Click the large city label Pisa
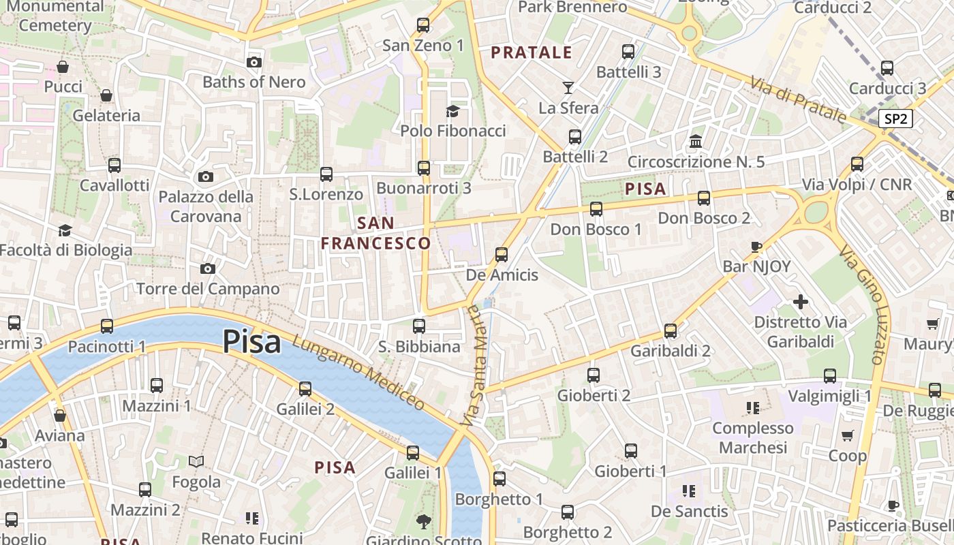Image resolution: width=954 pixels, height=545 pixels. (x=251, y=341)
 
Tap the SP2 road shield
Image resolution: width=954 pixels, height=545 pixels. (x=895, y=119)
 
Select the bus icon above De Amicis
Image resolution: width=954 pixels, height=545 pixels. (x=502, y=255)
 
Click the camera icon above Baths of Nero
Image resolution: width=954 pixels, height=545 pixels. (x=254, y=62)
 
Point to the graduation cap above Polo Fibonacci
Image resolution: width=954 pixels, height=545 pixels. (x=452, y=111)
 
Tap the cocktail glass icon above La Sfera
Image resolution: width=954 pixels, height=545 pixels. (x=568, y=87)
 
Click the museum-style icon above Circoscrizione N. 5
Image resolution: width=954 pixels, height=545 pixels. (x=696, y=142)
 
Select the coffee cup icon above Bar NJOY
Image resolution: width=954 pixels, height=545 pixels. (x=756, y=247)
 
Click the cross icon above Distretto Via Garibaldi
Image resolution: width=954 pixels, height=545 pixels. (x=801, y=301)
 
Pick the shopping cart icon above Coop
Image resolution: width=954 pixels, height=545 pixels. (x=848, y=435)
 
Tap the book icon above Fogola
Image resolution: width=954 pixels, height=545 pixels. (x=196, y=462)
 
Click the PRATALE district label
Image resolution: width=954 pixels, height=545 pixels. (x=532, y=52)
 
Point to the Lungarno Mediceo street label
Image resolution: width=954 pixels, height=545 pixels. (x=358, y=373)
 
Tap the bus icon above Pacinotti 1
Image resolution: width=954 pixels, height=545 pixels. (x=107, y=326)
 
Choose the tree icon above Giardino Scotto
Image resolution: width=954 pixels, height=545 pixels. (x=424, y=522)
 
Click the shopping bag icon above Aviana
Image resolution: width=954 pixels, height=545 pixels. (x=60, y=415)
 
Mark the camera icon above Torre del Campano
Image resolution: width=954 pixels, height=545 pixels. (x=208, y=268)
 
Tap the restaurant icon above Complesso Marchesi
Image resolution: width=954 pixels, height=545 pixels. (x=753, y=408)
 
